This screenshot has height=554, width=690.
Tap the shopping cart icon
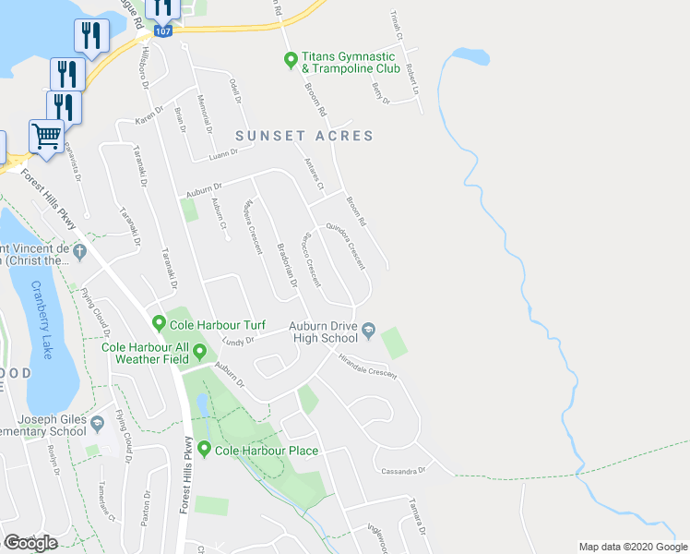pos(46,137)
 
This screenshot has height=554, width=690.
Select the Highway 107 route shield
pos(162,30)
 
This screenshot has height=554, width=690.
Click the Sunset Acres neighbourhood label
pos(304,136)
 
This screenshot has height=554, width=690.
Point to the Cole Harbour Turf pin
pos(160,324)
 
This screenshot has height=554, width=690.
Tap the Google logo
pos(30,542)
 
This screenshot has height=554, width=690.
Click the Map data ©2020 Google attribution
pos(632,547)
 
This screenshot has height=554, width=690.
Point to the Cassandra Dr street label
pos(403,471)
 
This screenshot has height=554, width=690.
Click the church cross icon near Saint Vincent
pos(79,250)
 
